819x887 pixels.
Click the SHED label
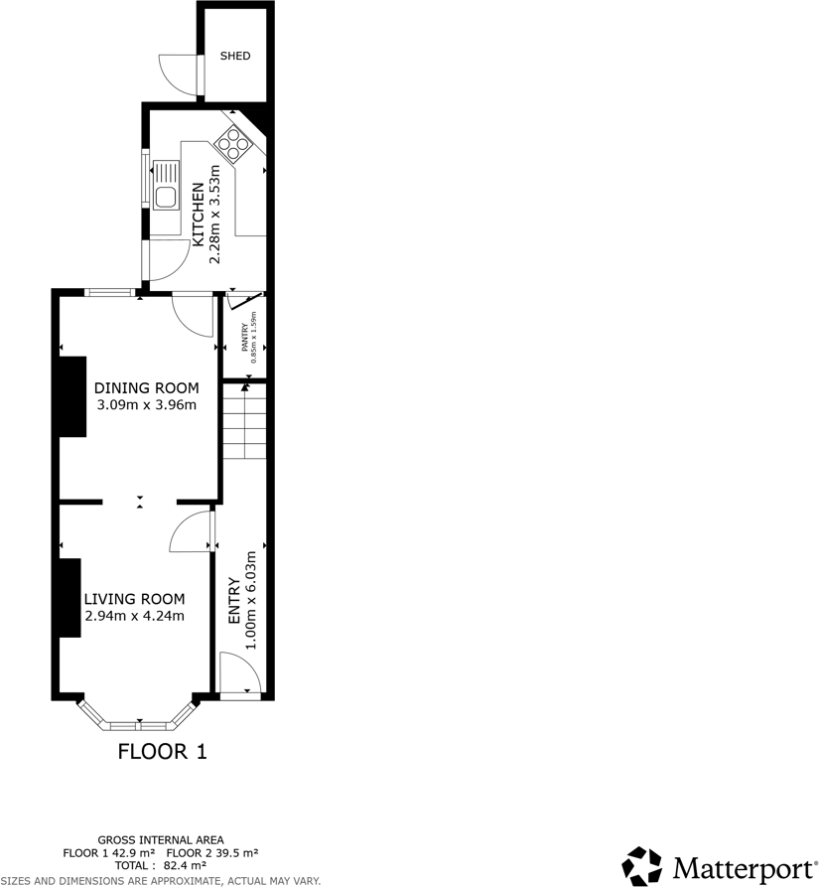235,56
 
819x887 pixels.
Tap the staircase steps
244,422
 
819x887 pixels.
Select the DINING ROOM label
146,387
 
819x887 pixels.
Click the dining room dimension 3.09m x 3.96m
146,404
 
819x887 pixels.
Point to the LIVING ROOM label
134,599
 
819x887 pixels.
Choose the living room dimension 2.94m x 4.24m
134,616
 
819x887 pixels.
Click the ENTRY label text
234,600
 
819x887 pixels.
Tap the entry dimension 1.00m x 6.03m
251,600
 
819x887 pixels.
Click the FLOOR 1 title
162,751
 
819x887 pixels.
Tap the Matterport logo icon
642,864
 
